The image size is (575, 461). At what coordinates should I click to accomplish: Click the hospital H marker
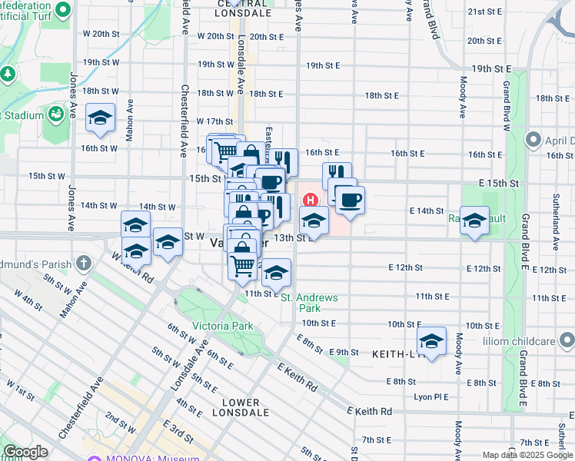311,200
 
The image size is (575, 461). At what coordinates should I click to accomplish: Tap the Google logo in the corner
25,452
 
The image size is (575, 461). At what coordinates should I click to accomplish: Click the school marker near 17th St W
100,118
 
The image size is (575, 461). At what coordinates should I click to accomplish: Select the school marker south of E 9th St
432,340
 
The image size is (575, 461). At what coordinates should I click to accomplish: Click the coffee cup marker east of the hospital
350,200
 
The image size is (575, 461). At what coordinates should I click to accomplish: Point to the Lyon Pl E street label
430,396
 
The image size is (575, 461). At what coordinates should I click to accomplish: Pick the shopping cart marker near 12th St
243,265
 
